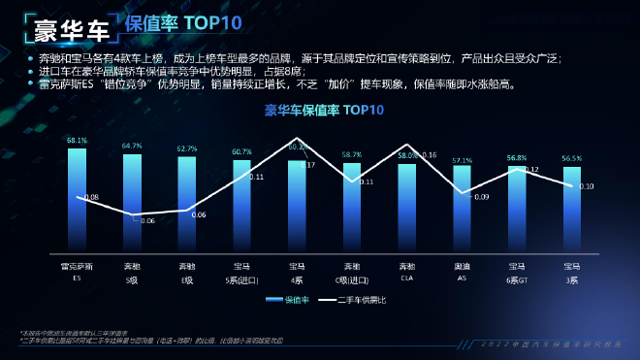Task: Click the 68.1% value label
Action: [77, 141]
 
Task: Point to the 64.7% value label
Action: [132, 147]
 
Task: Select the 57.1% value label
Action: [462, 160]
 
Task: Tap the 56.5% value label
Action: [572, 158]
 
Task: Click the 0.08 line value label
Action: [92, 197]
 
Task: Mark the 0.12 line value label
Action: [531, 170]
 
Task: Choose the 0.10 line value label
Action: [587, 186]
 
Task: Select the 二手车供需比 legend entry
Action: [354, 300]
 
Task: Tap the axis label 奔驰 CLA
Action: [407, 271]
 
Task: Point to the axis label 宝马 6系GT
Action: [517, 271]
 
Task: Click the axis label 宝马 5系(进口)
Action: [241, 271]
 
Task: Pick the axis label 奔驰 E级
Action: [187, 271]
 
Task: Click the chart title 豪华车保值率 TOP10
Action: [324, 110]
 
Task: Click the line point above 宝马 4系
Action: [297, 143]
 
